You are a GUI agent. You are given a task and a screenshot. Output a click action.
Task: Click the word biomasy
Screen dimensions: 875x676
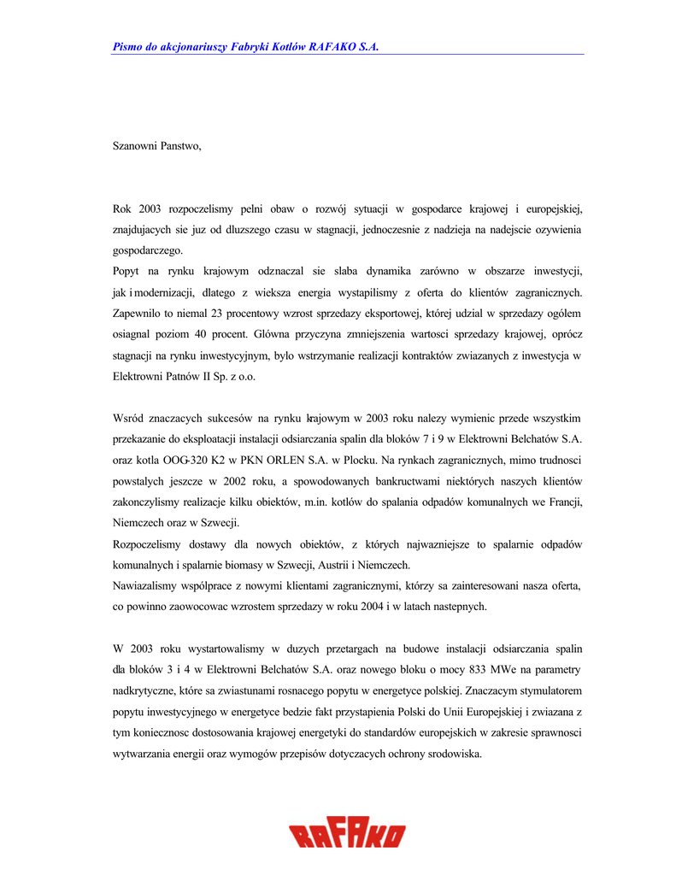coord(242,565)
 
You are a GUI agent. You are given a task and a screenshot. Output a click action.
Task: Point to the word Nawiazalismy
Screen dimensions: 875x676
coord(148,585)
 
